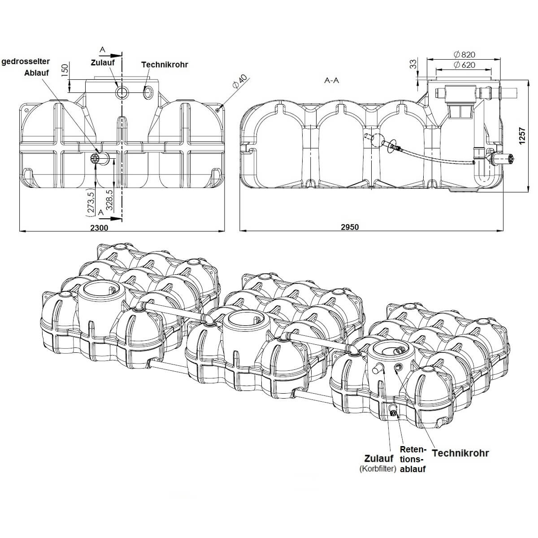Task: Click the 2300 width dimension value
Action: (x=99, y=227)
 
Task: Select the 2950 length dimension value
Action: (x=350, y=227)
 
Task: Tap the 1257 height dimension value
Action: (x=521, y=136)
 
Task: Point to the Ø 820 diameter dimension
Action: (x=464, y=55)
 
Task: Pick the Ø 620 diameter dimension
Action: (x=464, y=65)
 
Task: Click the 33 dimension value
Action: (x=413, y=64)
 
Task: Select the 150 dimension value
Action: (x=65, y=70)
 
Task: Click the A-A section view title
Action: (x=332, y=81)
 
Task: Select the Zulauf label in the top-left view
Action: (x=102, y=62)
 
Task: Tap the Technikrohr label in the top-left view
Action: (x=165, y=65)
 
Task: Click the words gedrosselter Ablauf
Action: (x=26, y=67)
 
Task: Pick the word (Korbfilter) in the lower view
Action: (x=377, y=469)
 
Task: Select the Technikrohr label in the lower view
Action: (x=460, y=453)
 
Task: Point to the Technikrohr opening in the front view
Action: (x=148, y=92)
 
